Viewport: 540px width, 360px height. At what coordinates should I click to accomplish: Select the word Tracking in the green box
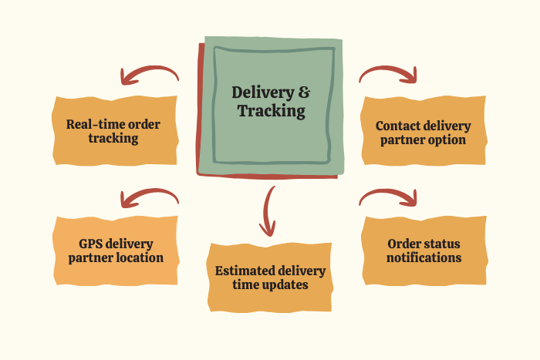pos(272,112)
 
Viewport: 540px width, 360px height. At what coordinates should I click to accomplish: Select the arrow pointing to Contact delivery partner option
pos(389,73)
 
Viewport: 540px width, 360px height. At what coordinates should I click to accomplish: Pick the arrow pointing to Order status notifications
pos(389,197)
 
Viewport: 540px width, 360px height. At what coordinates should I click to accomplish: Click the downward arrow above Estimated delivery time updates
pos(268,211)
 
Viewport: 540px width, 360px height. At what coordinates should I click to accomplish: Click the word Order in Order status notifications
pos(403,244)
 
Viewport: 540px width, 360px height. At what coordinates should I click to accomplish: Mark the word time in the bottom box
pos(247,285)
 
